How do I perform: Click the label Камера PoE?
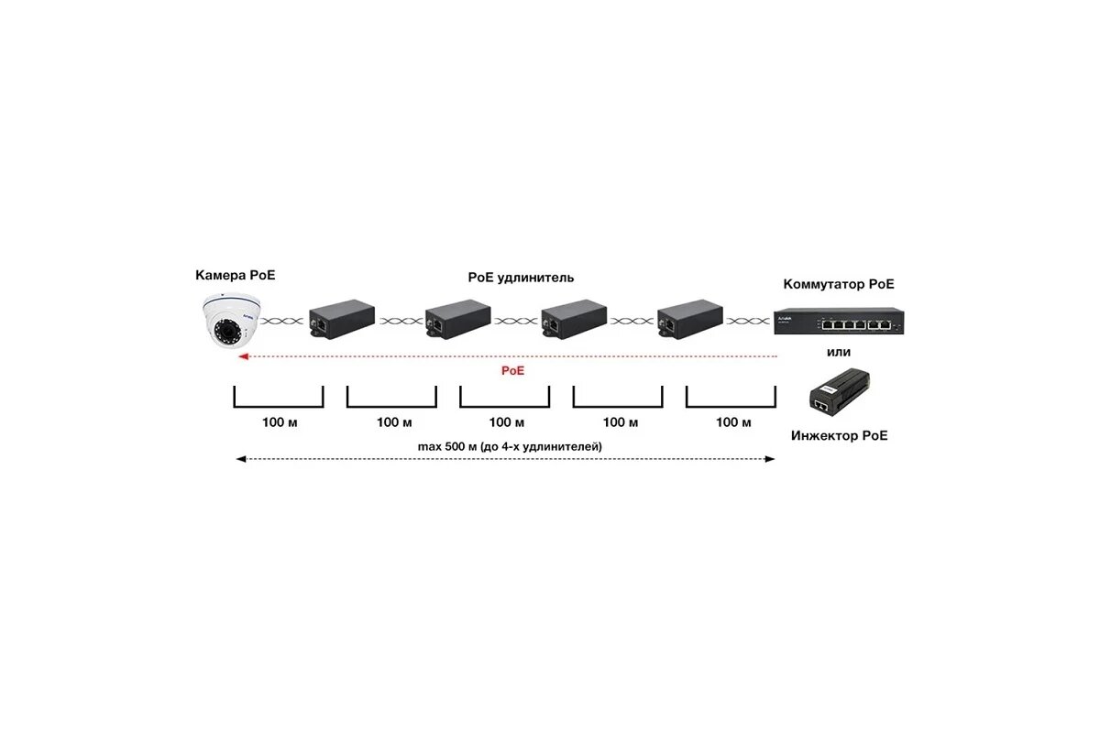(x=235, y=275)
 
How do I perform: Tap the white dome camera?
(x=231, y=321)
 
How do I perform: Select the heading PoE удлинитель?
(x=521, y=277)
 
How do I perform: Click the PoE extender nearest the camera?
(x=342, y=319)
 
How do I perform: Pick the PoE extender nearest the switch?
(x=688, y=319)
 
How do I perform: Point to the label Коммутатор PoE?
(x=839, y=284)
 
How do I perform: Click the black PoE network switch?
(x=839, y=321)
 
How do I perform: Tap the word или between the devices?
(x=839, y=352)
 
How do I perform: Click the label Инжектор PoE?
(x=839, y=436)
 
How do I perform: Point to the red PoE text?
(x=512, y=371)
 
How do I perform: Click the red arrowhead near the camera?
(x=242, y=357)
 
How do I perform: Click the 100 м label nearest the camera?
(x=280, y=422)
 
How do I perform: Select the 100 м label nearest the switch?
(x=732, y=422)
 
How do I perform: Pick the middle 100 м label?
(x=506, y=422)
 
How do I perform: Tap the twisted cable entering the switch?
(x=749, y=322)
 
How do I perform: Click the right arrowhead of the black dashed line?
(x=772, y=459)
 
